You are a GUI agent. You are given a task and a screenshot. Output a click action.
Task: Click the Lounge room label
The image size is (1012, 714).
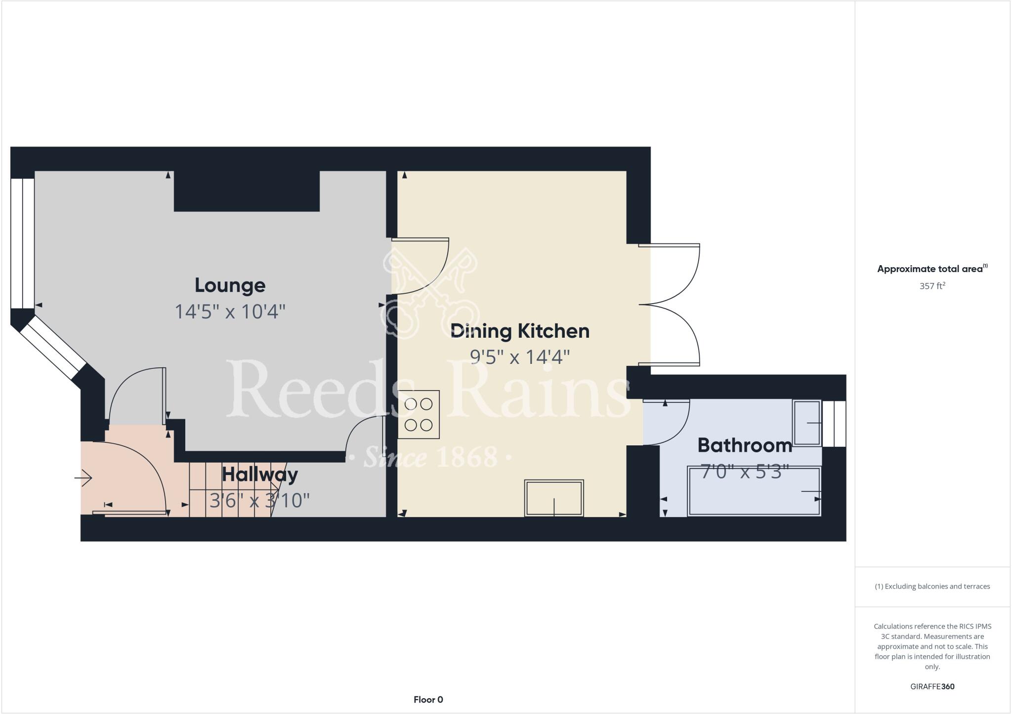click(230, 285)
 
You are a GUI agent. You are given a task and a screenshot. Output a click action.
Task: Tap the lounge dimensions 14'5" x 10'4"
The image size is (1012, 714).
click(230, 312)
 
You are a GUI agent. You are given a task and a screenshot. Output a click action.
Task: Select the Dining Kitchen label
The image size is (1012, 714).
click(520, 331)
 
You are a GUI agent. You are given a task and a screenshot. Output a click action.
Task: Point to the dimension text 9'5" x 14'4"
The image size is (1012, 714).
click(520, 357)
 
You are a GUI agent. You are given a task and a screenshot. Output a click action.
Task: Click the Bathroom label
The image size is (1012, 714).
click(745, 445)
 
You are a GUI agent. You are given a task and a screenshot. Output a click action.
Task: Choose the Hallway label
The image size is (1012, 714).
click(260, 475)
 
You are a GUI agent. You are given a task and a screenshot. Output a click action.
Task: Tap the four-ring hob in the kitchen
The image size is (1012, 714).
click(419, 414)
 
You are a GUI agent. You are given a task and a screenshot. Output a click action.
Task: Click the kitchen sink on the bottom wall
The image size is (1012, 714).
click(554, 498)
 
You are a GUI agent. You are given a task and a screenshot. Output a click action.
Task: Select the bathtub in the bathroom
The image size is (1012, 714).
click(754, 492)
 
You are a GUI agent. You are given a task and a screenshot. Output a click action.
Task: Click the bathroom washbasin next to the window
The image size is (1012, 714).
click(807, 423)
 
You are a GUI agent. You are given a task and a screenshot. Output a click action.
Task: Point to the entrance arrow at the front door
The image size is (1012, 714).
click(84, 478)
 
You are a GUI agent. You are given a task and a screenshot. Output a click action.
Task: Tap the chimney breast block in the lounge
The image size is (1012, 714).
click(247, 191)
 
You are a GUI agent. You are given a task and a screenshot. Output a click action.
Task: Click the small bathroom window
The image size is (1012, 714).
click(834, 423)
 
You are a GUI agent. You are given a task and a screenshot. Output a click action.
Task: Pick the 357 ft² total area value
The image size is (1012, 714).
click(932, 286)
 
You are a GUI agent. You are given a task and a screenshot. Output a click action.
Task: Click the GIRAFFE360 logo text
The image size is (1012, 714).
click(932, 686)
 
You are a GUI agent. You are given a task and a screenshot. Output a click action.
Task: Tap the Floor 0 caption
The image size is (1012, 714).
click(428, 700)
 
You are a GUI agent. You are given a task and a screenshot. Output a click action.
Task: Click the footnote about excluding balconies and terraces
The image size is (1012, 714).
click(932, 587)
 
